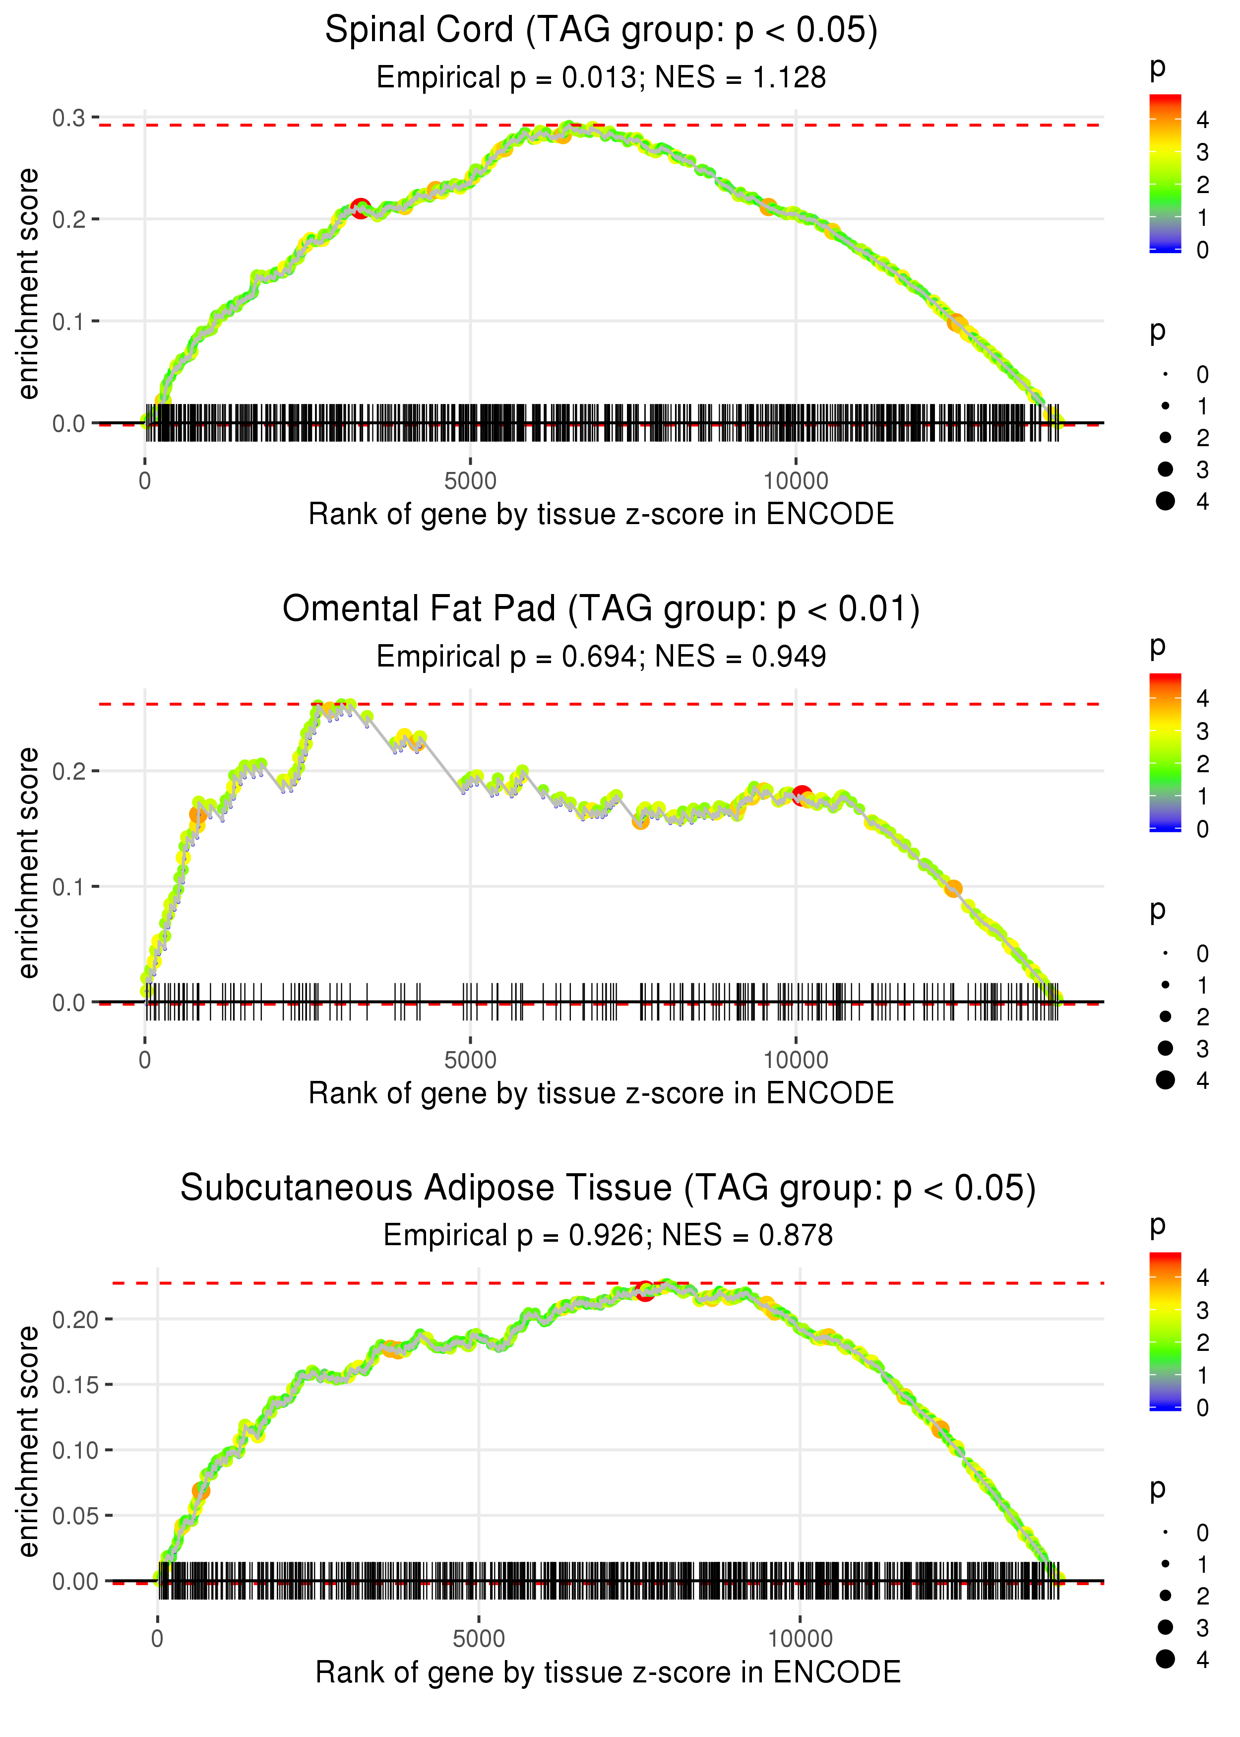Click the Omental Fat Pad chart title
click(601, 609)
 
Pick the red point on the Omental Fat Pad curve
click(801, 795)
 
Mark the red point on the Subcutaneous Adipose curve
click(645, 1291)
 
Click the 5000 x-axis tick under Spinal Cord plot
click(470, 481)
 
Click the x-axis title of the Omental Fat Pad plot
click(601, 1093)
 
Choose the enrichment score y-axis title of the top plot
click(28, 283)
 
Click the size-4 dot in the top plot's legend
click(1165, 501)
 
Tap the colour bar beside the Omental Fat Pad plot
click(1165, 752)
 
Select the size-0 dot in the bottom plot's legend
click(1165, 1532)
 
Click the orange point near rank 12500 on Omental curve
click(952, 888)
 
